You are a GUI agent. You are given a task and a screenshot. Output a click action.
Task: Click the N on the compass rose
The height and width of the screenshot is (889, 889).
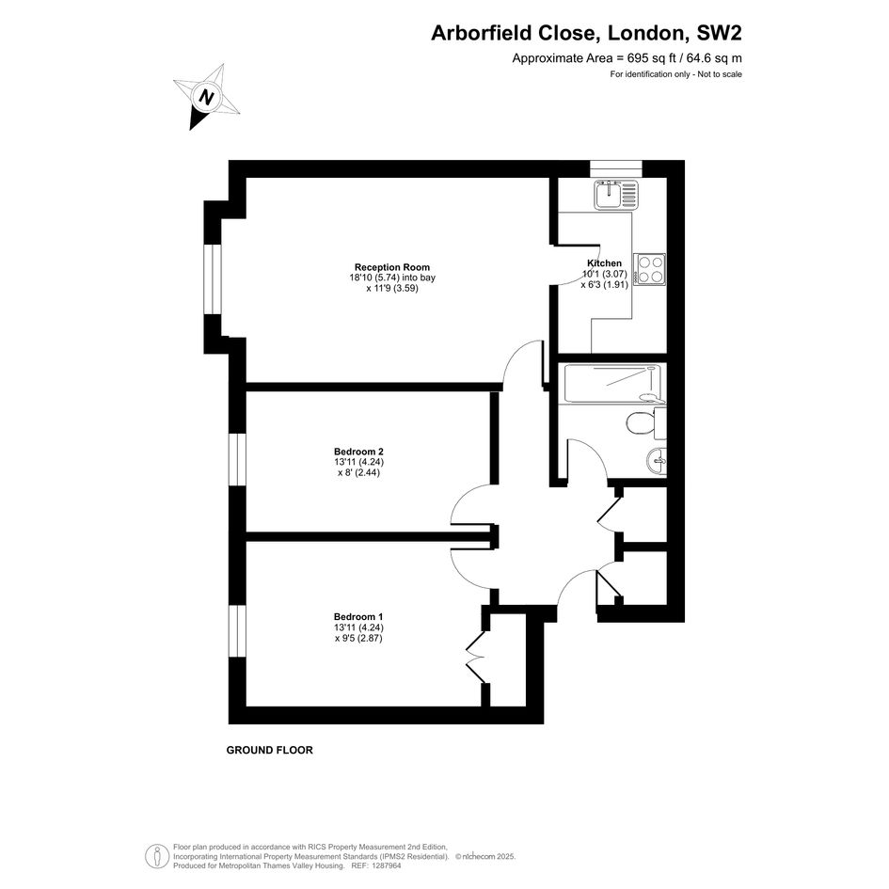(207, 98)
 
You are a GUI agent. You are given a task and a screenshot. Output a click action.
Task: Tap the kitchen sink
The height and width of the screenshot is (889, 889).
(617, 194)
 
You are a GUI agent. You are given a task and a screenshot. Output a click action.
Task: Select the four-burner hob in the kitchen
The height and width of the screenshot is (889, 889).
(650, 269)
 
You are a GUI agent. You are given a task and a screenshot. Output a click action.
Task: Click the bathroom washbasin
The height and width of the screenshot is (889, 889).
(657, 461)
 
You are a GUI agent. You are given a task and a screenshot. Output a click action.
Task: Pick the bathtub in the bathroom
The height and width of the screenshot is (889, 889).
(612, 384)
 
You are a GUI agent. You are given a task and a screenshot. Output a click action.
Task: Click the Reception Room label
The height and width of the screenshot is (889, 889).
(392, 267)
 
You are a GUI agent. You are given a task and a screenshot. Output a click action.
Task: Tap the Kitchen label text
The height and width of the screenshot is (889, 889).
(604, 263)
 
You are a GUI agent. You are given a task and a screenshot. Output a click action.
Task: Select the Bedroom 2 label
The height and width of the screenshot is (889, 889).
(358, 452)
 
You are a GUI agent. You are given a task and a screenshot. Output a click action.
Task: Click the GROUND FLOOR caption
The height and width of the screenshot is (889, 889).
(270, 750)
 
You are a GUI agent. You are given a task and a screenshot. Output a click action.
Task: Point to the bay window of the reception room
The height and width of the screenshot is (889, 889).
(212, 279)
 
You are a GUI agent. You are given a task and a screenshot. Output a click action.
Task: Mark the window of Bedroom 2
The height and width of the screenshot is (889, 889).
(238, 459)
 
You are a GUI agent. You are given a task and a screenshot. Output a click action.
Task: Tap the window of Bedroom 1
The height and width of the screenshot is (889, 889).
(238, 631)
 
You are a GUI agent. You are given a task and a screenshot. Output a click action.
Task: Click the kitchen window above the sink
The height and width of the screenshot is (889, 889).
(616, 168)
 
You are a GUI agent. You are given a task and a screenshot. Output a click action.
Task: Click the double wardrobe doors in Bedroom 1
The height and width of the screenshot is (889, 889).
(475, 658)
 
